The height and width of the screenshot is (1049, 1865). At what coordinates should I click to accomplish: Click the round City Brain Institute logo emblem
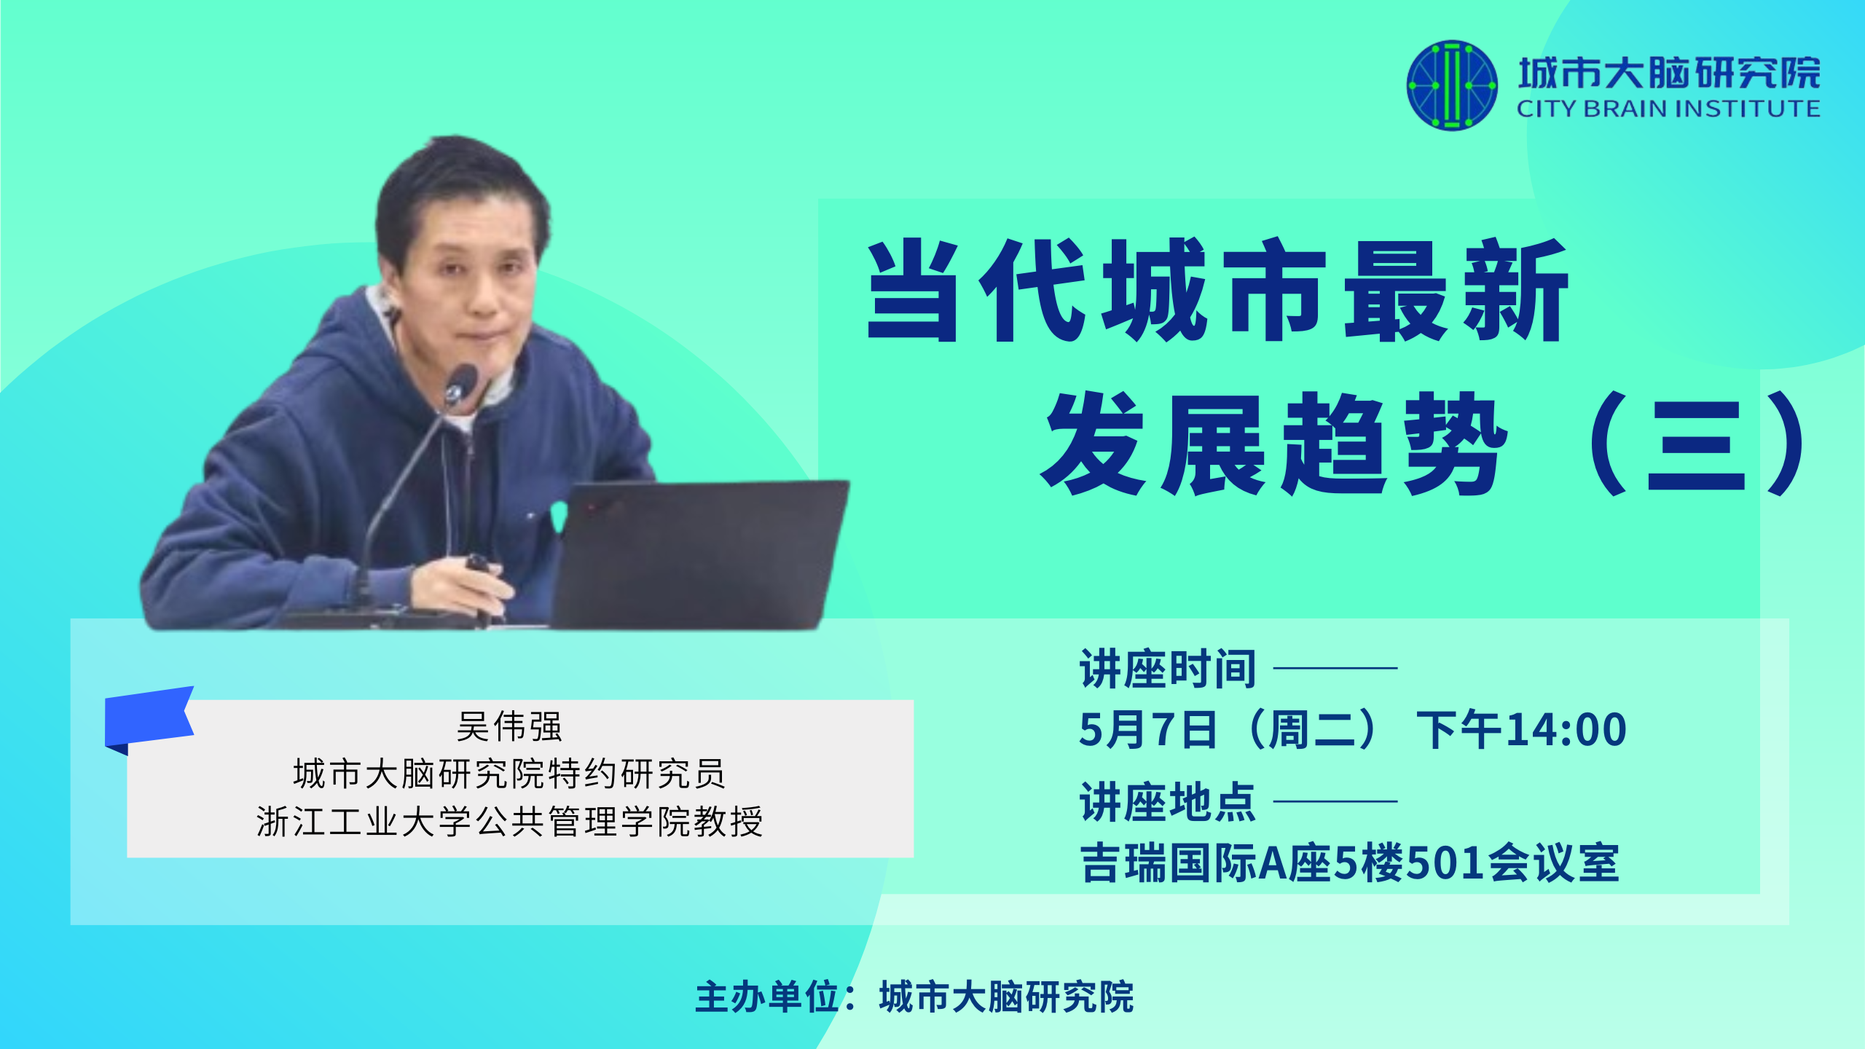pyautogui.click(x=1452, y=85)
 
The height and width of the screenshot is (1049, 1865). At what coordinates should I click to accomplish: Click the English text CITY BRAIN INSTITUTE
pyautogui.click(x=1668, y=109)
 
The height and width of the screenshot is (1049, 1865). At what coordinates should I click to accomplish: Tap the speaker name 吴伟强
pyautogui.click(x=509, y=726)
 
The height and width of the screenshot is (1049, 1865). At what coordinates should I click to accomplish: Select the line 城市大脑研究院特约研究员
pyautogui.click(x=509, y=774)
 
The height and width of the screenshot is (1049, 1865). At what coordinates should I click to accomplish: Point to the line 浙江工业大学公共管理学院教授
pyautogui.click(x=509, y=822)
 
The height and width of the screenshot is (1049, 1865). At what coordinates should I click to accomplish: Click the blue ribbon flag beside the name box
pyautogui.click(x=149, y=718)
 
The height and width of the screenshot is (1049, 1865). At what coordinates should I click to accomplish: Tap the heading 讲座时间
pyautogui.click(x=1168, y=669)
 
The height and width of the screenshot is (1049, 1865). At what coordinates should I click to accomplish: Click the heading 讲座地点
pyautogui.click(x=1168, y=802)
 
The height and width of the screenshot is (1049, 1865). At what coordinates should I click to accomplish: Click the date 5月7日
pyautogui.click(x=1148, y=730)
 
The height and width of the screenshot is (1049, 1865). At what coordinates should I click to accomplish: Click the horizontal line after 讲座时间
pyautogui.click(x=1335, y=667)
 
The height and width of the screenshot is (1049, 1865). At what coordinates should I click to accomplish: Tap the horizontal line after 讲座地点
pyautogui.click(x=1335, y=801)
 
